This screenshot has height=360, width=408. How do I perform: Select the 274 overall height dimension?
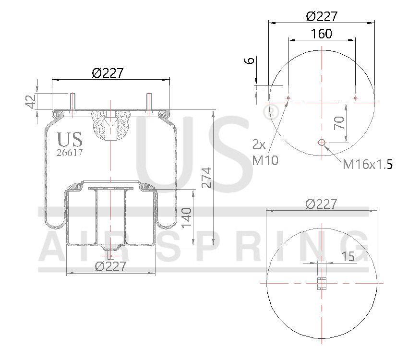tap(206, 178)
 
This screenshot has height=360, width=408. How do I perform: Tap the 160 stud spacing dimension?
tap(321, 34)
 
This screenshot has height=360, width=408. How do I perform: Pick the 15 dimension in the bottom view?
tap(348, 256)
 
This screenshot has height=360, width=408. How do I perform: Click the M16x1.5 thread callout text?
tap(368, 165)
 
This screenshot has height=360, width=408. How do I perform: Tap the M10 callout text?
tap(265, 160)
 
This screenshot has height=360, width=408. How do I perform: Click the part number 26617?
tap(70, 153)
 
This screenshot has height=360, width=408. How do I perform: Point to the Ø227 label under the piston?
tap(110, 266)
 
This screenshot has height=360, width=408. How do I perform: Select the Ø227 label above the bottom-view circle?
tap(321, 204)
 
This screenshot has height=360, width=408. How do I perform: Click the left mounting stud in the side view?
tap(72, 103)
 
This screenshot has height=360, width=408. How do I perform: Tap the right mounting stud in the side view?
tap(149, 103)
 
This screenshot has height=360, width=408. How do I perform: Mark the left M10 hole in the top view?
tap(288, 98)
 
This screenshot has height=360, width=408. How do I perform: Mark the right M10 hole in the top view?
tap(355, 98)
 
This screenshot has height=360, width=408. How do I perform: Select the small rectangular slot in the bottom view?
tap(322, 284)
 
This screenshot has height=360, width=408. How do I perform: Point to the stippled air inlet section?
tap(111, 124)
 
